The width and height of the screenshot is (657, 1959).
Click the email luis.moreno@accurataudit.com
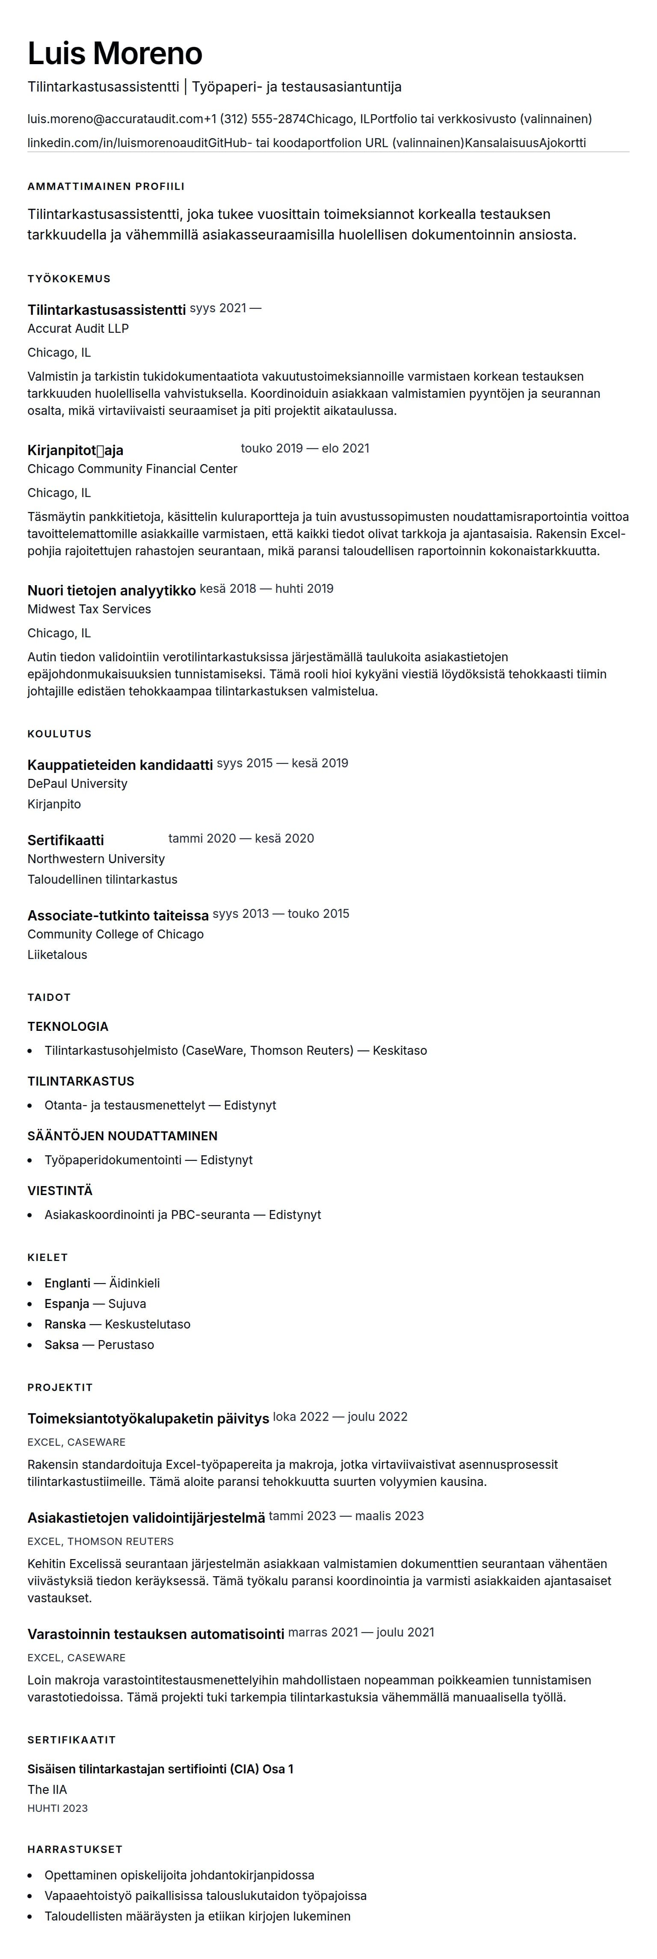(115, 118)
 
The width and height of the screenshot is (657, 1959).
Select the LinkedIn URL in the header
(117, 143)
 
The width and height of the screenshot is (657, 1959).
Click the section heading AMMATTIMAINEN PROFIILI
(106, 186)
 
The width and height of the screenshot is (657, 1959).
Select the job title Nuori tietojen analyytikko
(111, 590)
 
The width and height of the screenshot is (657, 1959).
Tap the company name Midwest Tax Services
(89, 609)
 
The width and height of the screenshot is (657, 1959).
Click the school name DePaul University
(77, 783)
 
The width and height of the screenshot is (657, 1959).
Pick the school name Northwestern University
(96, 858)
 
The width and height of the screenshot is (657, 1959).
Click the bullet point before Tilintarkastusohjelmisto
(30, 1051)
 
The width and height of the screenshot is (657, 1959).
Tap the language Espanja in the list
(67, 1303)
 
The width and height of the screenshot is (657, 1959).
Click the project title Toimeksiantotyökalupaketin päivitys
(148, 1418)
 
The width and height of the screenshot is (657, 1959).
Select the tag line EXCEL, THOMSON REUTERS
(101, 1542)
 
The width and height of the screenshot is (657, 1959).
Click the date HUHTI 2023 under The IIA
(58, 1808)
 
